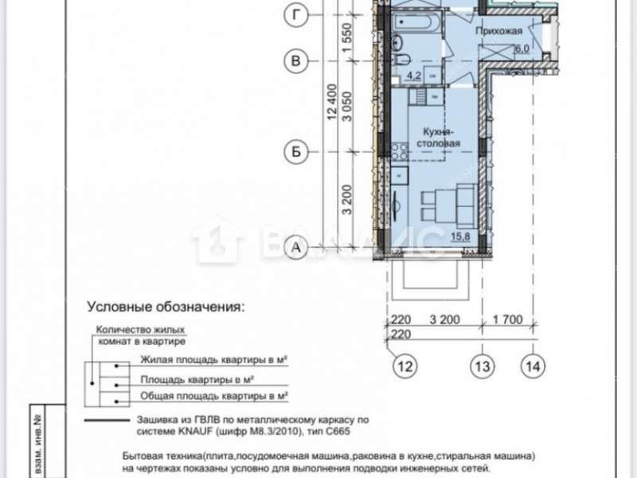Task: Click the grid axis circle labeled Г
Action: [x=297, y=14]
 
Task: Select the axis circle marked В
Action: [x=297, y=61]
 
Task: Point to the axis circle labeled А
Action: [x=297, y=249]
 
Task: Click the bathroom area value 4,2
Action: [x=414, y=76]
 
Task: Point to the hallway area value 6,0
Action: [x=522, y=49]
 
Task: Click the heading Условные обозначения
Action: [x=166, y=306]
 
